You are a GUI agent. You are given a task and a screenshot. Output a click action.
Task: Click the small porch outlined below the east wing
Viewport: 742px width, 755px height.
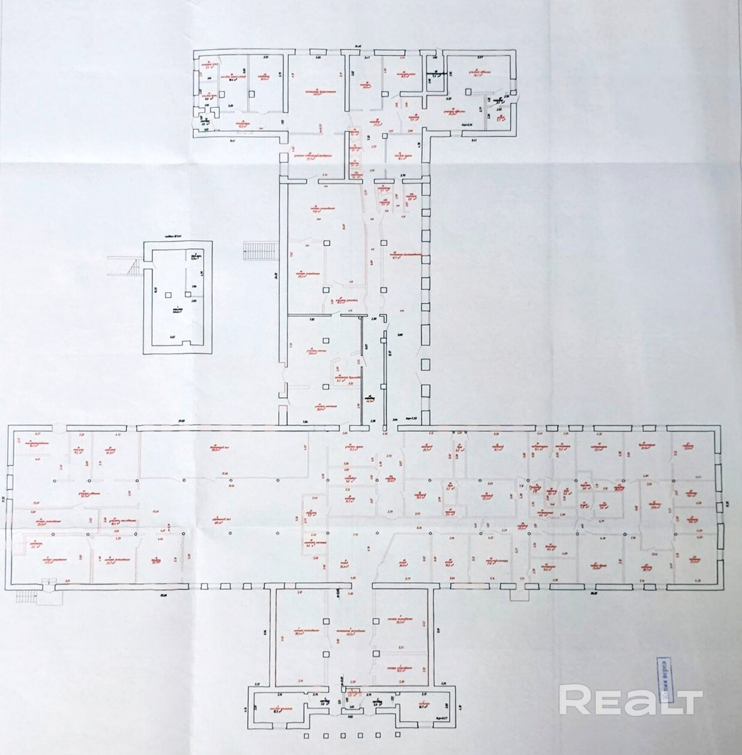[517, 594]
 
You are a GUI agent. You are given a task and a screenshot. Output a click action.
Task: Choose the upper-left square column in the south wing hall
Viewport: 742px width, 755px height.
[326, 621]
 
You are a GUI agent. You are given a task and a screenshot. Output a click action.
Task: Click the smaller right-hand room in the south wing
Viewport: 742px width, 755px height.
[400, 669]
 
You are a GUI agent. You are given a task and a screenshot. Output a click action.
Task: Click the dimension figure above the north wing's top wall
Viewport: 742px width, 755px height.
[358, 46]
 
